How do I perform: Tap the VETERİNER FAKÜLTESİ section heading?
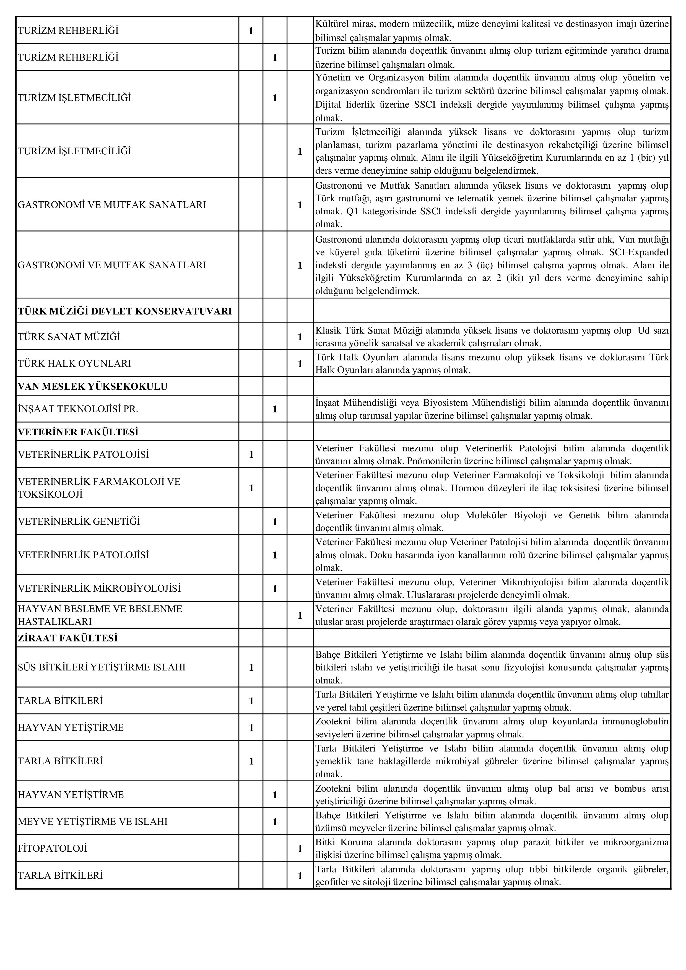point(78,432)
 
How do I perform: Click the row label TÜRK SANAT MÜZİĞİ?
point(69,337)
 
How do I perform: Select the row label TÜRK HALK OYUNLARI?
point(74,363)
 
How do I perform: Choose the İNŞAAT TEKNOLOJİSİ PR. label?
point(78,409)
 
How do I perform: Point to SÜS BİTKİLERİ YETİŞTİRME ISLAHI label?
point(102,667)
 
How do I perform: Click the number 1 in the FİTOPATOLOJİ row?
point(300,848)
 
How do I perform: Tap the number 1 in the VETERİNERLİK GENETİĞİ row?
point(275,522)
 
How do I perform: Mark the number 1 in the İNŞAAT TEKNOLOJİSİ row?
point(275,409)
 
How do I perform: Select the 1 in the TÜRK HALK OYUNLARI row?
point(300,364)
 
